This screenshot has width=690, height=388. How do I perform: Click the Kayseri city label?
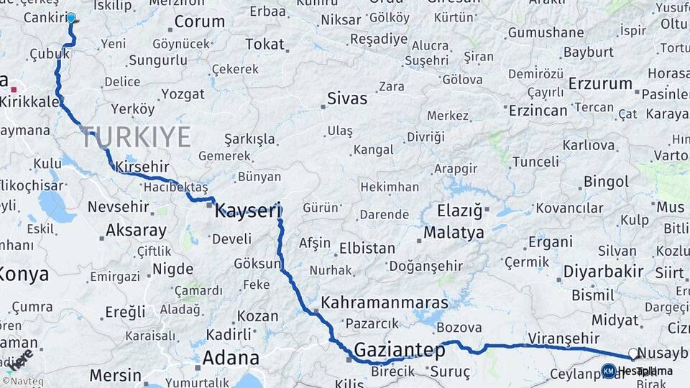(247, 211)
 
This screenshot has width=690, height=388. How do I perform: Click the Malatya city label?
(454, 233)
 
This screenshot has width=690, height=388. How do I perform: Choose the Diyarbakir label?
(603, 272)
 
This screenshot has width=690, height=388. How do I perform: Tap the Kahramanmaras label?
(385, 302)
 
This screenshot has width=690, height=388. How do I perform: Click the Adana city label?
(230, 357)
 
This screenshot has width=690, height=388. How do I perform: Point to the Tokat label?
(264, 45)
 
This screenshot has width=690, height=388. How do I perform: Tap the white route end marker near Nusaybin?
(633, 354)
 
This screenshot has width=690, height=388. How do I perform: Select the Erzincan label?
(538, 111)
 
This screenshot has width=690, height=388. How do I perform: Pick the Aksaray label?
(136, 231)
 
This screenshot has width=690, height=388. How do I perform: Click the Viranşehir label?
(563, 338)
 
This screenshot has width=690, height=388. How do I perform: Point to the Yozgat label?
(183, 94)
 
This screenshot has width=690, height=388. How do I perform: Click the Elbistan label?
(367, 249)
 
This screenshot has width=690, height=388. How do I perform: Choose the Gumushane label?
(546, 32)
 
